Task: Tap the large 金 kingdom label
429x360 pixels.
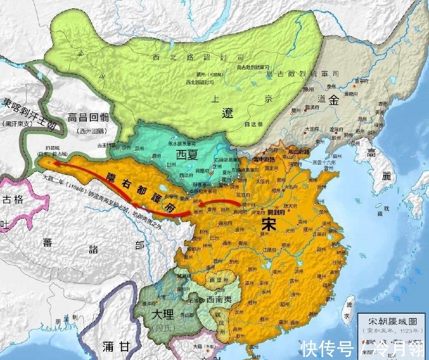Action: pos(334,101)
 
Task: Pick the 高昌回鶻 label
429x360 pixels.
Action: pos(88,117)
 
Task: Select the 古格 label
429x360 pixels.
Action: pos(13,200)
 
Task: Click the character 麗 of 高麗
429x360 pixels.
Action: pos(386,175)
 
